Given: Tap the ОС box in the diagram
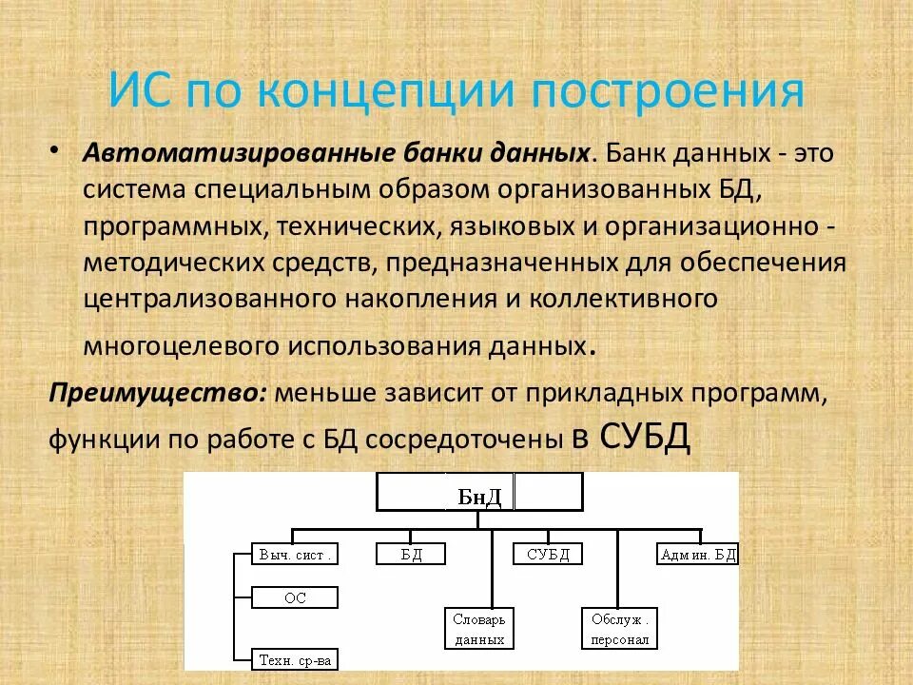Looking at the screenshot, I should point(295,598).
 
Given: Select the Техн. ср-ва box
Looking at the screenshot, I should point(296,658).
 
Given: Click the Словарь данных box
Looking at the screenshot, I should point(479,629).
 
